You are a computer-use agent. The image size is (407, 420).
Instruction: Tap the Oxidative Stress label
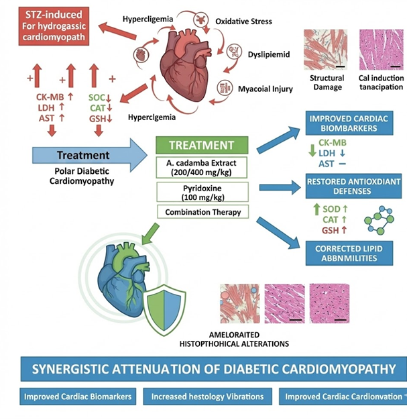pos(243,21)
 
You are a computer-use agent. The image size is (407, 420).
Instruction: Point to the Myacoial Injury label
pos(265,88)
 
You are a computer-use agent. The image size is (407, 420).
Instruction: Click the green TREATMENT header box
pos(201,145)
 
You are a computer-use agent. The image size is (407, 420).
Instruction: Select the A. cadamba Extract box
pos(201,166)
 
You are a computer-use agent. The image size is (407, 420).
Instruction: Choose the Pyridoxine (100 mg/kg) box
pos(201,192)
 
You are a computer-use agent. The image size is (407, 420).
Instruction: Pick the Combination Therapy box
pos(201,212)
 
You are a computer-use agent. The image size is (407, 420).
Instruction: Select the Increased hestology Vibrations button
pos(207,397)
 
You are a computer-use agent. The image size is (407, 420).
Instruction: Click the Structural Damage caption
pos(327,83)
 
